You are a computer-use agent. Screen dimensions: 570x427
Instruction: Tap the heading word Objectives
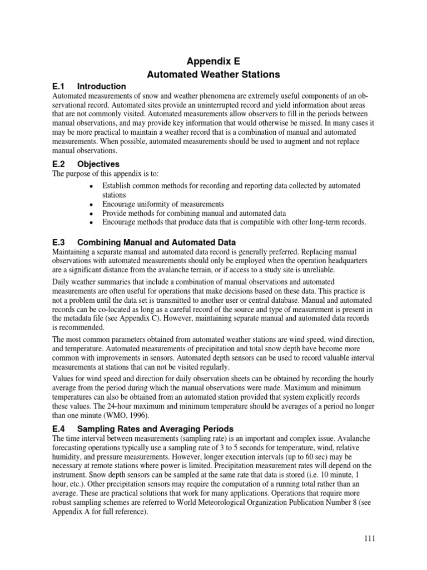[98, 164]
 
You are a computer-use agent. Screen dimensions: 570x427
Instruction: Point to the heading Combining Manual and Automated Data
[156, 242]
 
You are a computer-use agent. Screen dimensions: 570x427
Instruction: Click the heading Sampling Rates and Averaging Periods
[156, 429]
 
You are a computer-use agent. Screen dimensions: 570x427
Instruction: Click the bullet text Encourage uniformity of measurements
[163, 204]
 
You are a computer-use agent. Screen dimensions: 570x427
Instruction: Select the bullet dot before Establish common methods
[91, 186]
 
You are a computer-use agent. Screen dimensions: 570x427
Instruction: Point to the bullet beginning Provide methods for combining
[193, 213]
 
